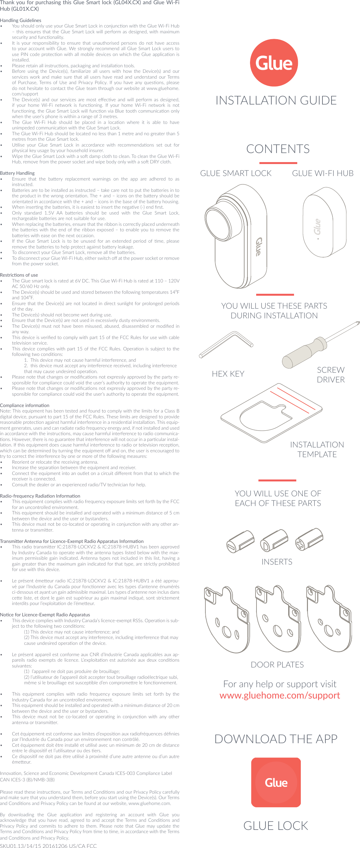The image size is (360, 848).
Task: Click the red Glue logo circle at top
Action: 274,63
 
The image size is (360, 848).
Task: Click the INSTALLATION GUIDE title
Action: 276,100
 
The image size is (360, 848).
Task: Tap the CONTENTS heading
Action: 278,149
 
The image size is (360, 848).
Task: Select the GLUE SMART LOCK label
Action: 235,173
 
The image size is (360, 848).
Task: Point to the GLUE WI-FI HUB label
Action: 322,173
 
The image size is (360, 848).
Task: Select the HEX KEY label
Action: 228,374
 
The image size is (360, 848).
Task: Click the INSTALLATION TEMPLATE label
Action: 317,449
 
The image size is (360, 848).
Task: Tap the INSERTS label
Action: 277,562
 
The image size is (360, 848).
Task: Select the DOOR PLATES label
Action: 277,664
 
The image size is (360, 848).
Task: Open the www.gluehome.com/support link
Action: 279,695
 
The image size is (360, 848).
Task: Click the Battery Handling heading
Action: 17,173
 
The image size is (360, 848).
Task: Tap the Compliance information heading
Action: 25,405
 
